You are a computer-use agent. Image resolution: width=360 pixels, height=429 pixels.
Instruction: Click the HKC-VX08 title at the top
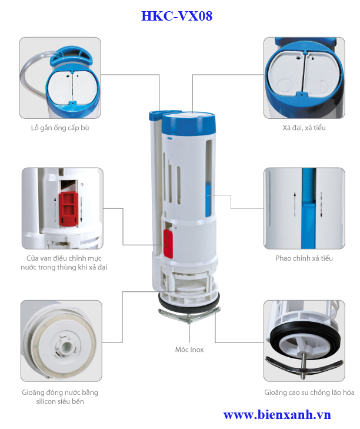point(176,16)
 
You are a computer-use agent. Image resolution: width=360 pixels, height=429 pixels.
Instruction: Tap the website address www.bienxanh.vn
point(277,415)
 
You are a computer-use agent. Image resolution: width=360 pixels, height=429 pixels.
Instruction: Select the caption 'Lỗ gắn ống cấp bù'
point(60,128)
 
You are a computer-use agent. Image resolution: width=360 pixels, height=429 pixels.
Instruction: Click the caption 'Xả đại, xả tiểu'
point(304,128)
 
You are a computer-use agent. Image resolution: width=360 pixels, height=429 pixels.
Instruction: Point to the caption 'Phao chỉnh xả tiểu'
point(304,258)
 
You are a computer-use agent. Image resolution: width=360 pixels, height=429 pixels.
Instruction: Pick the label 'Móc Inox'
point(189,350)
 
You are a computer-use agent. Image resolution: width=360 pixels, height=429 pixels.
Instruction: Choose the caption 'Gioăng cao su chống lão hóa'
point(309,393)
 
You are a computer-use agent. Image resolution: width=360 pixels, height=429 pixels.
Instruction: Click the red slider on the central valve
point(168,244)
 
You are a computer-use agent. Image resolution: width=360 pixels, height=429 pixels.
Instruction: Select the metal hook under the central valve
point(189,314)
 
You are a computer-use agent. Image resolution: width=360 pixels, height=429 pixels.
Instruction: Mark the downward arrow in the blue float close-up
point(321,205)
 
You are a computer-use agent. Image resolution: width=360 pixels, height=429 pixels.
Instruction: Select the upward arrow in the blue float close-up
point(295,205)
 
